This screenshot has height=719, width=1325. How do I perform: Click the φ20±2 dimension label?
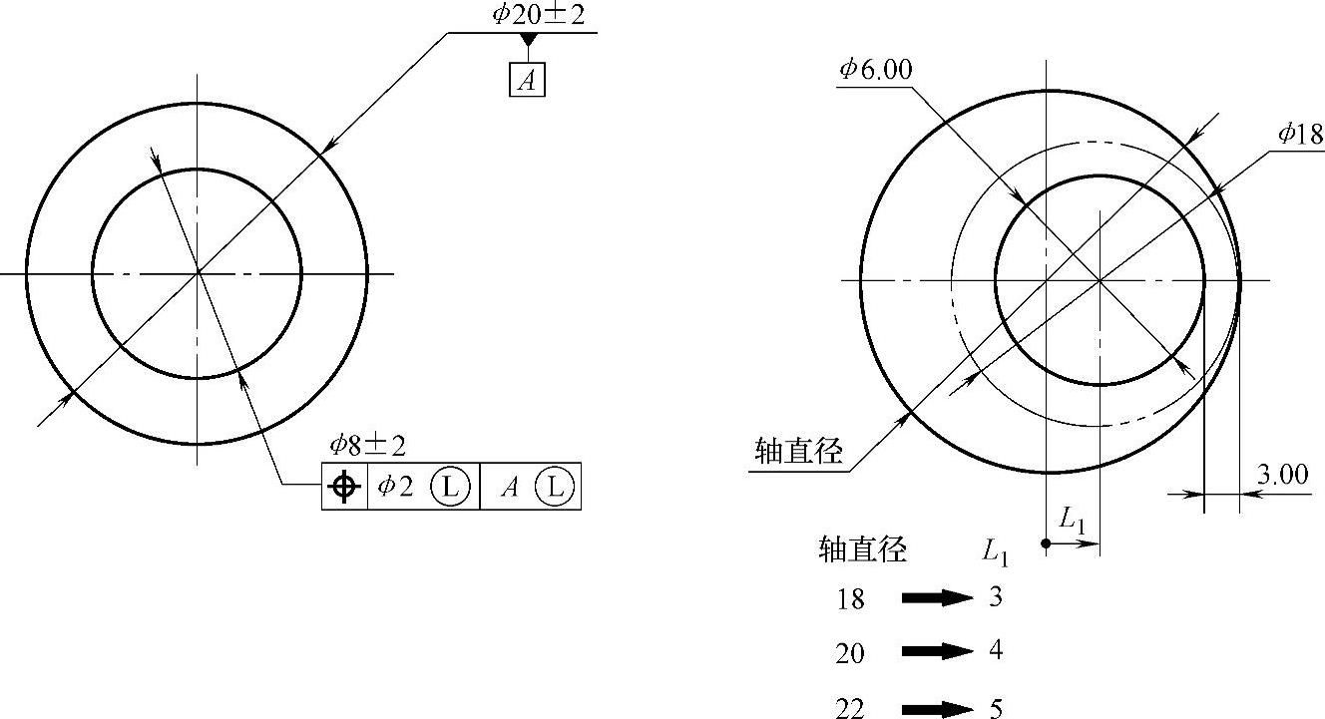(x=539, y=15)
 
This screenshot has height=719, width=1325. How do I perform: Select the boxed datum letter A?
(x=527, y=79)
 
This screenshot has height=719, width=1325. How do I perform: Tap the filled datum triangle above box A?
(x=528, y=40)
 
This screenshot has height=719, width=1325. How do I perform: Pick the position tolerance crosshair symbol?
(x=344, y=487)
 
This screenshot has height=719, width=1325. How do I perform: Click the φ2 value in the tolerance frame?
(x=395, y=486)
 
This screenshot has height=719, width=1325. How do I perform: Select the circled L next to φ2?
(x=450, y=487)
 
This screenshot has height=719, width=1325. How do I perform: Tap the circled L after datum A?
(x=555, y=487)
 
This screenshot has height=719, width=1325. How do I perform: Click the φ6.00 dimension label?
(x=875, y=70)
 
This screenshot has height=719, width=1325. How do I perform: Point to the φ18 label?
(x=1301, y=135)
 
